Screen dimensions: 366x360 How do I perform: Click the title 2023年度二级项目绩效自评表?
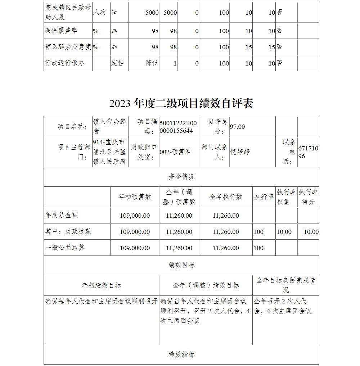pos(181,103)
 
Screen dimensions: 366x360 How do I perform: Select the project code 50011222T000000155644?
pos(176,126)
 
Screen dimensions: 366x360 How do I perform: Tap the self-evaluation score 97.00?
pos(237,127)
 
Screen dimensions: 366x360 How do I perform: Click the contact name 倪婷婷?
pos(240,152)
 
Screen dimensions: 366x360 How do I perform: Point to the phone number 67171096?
pos(308,152)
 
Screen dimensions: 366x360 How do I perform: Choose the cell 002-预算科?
pos(175,152)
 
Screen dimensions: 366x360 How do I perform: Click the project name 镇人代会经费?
pos(109,126)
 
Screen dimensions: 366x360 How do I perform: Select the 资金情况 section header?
pos(181,177)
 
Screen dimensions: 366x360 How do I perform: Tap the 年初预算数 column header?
pos(135,197)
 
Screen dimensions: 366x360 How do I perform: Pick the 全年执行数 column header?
pos(225,197)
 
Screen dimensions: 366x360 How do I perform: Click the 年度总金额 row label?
pos(62,215)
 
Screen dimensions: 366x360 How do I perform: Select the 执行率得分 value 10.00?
pos(311,232)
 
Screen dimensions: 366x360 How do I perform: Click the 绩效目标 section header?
pos(181,265)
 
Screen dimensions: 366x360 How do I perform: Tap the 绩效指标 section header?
pos(181,354)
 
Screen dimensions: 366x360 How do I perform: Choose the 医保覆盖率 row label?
pos(61,31)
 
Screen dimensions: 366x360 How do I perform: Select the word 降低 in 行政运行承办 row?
pos(152,63)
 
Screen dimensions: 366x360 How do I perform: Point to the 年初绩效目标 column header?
pos(101,285)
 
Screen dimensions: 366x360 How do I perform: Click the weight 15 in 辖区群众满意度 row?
pos(249,47)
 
